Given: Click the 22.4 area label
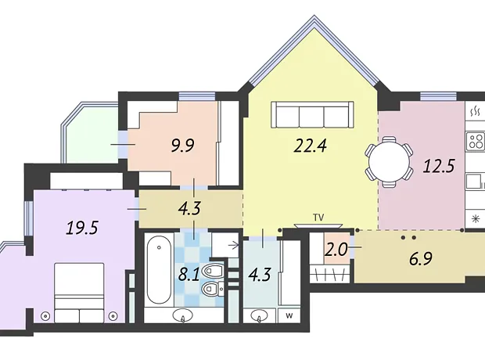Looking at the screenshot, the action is coord(311,146).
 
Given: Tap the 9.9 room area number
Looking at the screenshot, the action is coord(183,146).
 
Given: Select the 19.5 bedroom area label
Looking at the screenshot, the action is coord(82,229).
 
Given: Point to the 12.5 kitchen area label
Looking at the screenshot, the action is coord(439,166).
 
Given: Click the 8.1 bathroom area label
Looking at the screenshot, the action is coord(189,274).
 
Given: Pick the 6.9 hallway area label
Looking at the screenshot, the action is coord(420,258).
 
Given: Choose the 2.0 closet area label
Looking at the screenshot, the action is coord(336,250).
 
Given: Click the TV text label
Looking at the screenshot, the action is coord(318,218).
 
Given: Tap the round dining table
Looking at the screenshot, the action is coord(389,162).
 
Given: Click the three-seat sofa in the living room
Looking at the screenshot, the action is coord(312,114).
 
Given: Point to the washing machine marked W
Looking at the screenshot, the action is coord(289,315).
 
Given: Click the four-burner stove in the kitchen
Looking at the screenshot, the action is coord(476,141).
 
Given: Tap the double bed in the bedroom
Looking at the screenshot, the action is coord(79,293).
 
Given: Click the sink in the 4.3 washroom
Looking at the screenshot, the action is coord(259,316).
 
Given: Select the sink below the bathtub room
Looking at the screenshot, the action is coord(182,315).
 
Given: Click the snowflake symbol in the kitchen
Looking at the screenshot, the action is coord(475,219).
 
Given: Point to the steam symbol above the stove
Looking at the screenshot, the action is coord(475,111).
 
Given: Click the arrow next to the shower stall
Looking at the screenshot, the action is coord(234,246).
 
